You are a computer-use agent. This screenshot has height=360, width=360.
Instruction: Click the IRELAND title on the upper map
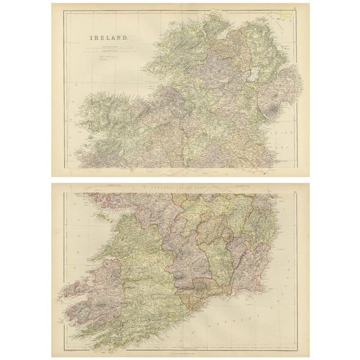(x=109, y=39)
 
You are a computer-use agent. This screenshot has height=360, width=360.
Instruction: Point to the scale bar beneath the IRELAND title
(x=108, y=49)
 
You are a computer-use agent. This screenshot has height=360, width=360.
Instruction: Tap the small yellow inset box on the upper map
(x=287, y=17)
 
